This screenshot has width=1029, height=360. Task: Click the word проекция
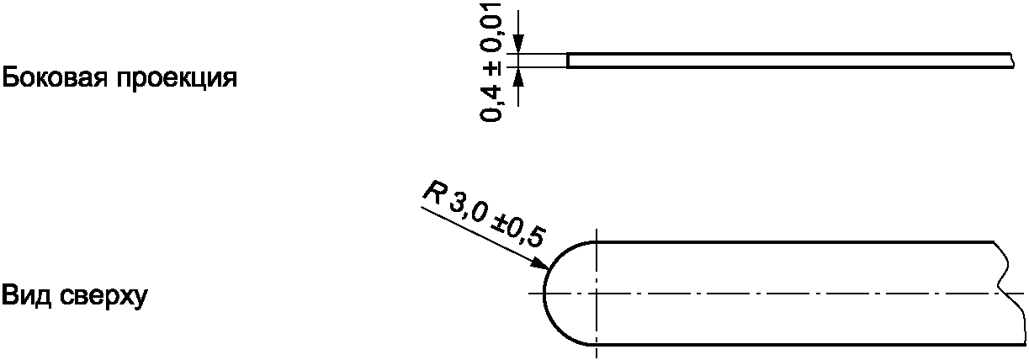coord(178,79)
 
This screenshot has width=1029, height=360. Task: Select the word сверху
coord(103,297)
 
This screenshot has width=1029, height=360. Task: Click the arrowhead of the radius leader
coord(540,263)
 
